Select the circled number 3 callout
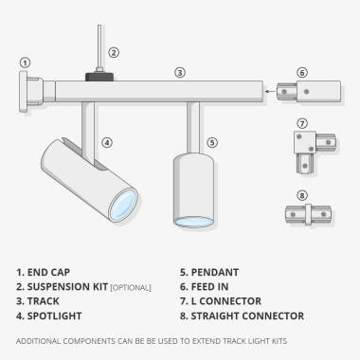(x=179, y=71)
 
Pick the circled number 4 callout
(x=107, y=143)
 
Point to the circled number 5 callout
(x=211, y=143)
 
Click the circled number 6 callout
(x=301, y=72)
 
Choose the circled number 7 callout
(x=301, y=123)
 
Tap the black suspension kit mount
(x=97, y=75)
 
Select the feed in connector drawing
(x=300, y=94)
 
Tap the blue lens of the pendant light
(x=191, y=222)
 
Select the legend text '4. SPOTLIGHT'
(x=49, y=315)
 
